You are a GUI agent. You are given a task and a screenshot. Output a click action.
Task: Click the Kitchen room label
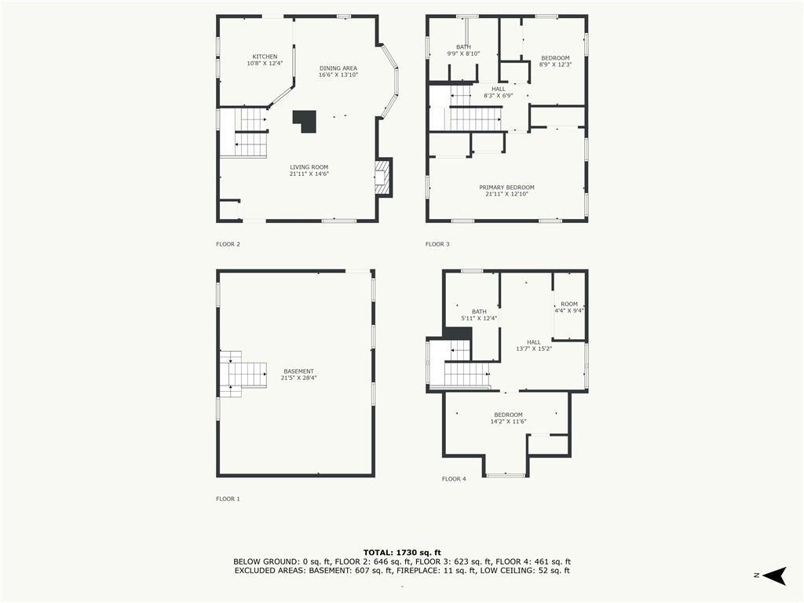tap(265, 60)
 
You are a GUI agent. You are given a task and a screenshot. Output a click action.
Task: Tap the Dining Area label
tap(338, 71)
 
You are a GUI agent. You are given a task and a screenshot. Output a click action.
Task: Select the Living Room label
tap(309, 170)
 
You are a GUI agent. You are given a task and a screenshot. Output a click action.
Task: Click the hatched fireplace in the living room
tap(382, 177)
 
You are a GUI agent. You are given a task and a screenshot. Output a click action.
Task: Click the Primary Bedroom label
tap(506, 191)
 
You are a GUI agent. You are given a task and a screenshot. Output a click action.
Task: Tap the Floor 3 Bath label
tap(463, 49)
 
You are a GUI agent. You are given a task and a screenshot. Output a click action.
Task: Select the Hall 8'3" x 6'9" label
tap(499, 92)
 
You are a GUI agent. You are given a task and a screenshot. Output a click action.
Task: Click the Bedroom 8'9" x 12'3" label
tap(555, 61)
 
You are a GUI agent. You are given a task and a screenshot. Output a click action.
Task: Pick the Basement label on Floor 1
tap(298, 375)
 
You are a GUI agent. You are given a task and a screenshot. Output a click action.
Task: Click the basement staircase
tap(243, 374)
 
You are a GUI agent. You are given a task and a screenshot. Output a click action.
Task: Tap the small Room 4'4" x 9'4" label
tap(569, 307)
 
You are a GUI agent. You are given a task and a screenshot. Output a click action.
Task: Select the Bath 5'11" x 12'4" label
tap(479, 315)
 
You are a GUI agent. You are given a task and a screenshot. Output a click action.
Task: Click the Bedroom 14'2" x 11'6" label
tap(509, 418)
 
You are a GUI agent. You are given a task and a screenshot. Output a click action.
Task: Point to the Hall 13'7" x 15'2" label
tap(534, 345)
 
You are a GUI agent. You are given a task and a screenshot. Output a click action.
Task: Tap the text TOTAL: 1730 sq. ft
tap(402, 552)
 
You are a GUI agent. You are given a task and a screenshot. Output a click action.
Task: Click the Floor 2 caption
tap(228, 244)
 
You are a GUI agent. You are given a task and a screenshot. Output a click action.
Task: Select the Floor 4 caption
tap(455, 479)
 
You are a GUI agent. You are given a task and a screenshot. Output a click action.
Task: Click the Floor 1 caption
tap(228, 499)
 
